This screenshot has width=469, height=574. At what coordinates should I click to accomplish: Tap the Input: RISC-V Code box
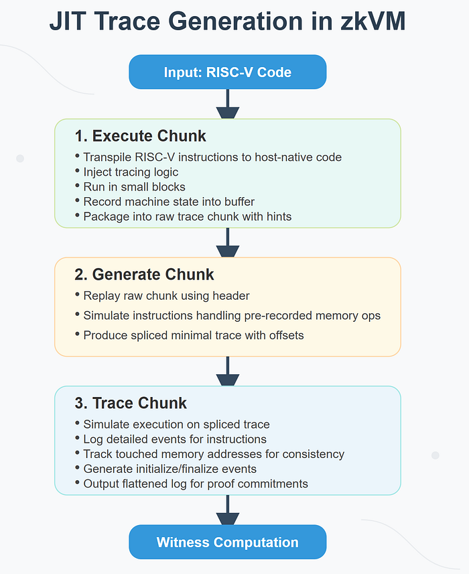[x=228, y=72]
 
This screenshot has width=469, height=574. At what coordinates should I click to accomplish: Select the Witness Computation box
[x=228, y=542]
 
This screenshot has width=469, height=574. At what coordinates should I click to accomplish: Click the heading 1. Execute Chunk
[x=141, y=136]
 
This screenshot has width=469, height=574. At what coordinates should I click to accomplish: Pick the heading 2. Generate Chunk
[x=144, y=274]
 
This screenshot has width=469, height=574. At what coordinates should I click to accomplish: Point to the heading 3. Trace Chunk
[x=131, y=403]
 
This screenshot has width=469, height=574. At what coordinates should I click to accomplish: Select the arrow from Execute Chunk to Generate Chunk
[x=228, y=243]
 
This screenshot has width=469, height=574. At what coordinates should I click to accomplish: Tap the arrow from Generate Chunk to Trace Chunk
[x=228, y=371]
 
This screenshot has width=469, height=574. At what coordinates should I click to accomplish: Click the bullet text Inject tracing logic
[x=131, y=172]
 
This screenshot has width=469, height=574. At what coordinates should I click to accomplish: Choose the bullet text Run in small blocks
[x=135, y=187]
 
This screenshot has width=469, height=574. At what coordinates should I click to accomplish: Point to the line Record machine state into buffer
[x=169, y=202]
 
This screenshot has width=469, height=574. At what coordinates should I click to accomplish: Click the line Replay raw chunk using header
[x=166, y=296]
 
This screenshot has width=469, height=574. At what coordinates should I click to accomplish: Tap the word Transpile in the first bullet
[x=108, y=158]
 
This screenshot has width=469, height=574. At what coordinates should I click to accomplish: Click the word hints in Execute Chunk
[x=275, y=217]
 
